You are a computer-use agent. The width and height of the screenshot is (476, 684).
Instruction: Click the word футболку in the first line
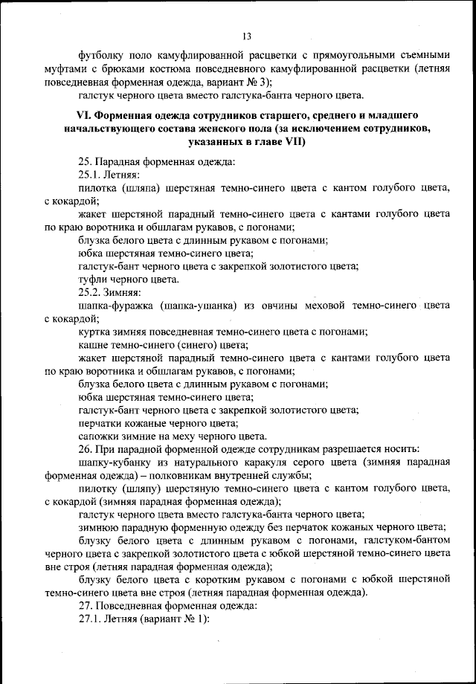[101, 54]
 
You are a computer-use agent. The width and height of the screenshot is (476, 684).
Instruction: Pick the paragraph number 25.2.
[91, 292]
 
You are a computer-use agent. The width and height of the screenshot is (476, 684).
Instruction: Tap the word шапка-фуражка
[115, 306]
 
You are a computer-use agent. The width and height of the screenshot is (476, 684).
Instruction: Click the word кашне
[93, 345]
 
